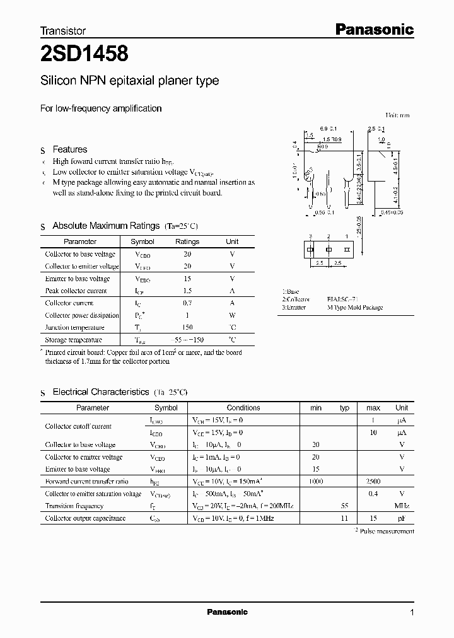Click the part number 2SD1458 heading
85,55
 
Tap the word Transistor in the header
63,30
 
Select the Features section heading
70,149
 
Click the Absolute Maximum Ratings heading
106,226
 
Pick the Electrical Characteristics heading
101,392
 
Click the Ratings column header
187,241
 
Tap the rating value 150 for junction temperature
187,327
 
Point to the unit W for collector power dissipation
232,315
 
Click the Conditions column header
243,408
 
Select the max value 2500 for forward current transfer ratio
373,481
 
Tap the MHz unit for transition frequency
402,506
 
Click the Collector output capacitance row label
85,518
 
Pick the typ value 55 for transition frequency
344,506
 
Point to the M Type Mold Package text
354,308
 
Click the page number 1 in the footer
412,613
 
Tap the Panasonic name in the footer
227,612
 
